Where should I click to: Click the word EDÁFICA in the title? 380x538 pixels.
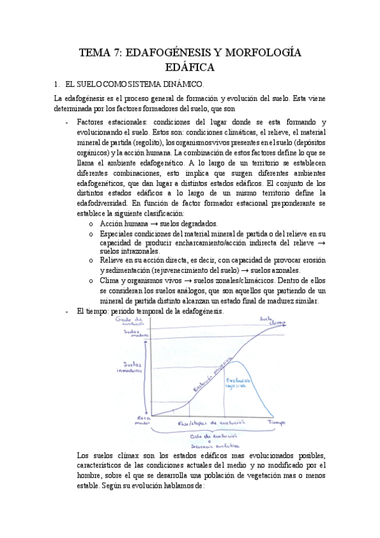[190, 67]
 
